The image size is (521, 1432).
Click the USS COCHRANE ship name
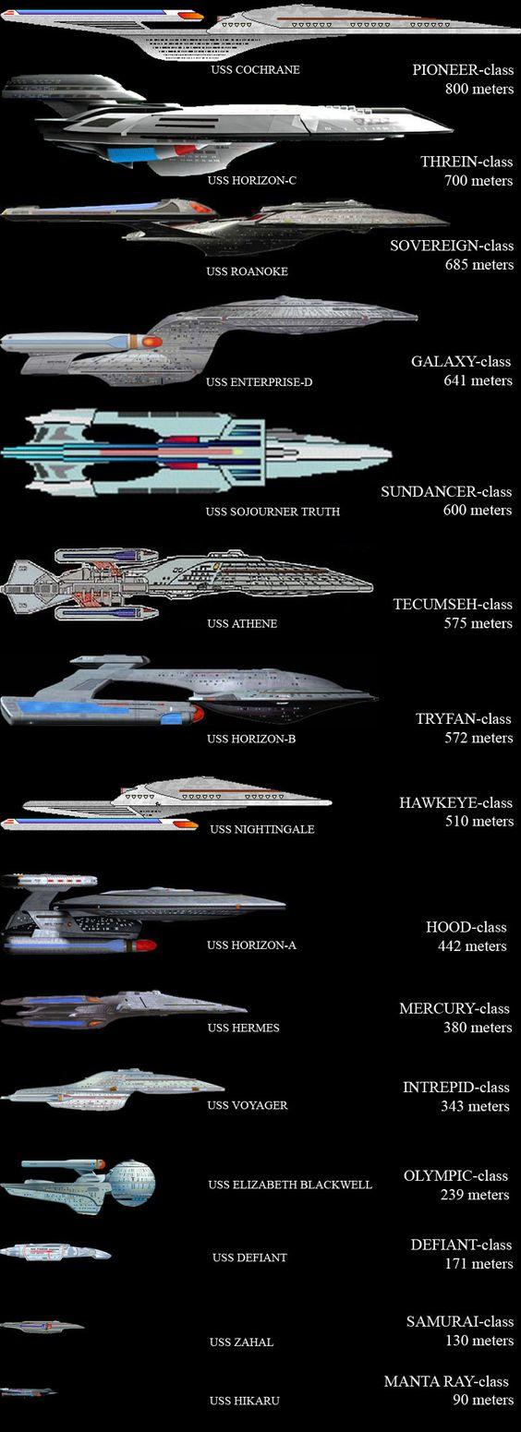255,69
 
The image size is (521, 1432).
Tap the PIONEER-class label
463,69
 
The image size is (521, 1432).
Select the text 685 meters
479,265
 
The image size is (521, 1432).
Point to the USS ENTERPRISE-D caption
259,382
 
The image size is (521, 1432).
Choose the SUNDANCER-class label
446,491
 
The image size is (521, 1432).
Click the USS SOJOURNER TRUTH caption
273,511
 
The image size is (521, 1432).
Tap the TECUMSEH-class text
453,604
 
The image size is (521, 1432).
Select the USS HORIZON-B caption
251,739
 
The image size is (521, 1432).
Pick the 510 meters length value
479,822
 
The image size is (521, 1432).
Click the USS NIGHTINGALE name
262,829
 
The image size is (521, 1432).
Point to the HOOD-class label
466,927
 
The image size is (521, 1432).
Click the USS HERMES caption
243,1028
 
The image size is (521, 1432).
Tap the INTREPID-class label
455,1087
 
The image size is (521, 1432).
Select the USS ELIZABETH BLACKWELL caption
289,1185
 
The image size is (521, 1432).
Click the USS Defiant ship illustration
55,1252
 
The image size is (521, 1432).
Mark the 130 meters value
479,1341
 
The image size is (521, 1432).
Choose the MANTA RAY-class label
446,1381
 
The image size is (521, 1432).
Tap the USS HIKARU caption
244,1401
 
